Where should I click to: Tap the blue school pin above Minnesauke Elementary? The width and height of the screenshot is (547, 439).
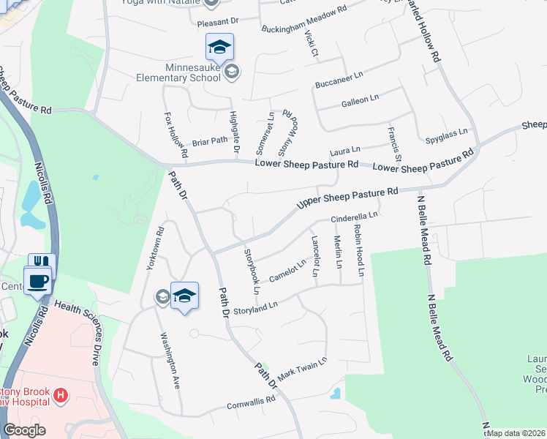(x=219, y=48)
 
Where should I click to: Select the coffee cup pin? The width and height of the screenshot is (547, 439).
(x=37, y=280)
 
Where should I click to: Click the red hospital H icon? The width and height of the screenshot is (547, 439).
(x=61, y=396)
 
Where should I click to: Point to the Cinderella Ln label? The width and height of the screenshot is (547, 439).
(x=354, y=217)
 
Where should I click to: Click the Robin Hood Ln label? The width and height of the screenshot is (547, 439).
(x=359, y=250)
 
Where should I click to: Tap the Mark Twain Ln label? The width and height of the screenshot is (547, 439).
(x=301, y=369)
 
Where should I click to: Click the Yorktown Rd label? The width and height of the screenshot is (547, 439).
(x=154, y=249)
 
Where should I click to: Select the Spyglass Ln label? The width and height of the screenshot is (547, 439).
(x=446, y=135)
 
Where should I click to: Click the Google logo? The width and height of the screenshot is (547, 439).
(x=24, y=430)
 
